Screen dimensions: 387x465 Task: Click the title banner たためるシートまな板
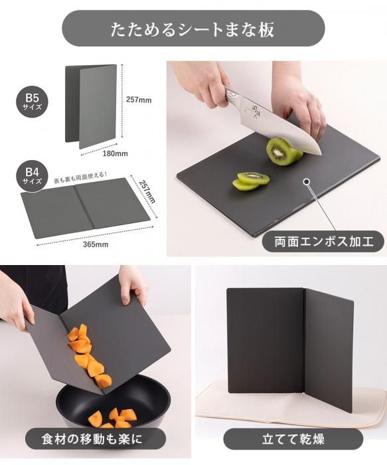pyautogui.click(x=193, y=29)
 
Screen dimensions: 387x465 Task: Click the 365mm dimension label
pyautogui.click(x=96, y=244)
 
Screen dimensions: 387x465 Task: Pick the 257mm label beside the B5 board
pyautogui.click(x=139, y=100)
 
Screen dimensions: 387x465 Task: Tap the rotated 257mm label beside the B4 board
pyautogui.click(x=147, y=191)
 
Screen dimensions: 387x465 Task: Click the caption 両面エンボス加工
pyautogui.click(x=323, y=241)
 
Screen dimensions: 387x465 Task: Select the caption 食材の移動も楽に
pyautogui.click(x=92, y=439)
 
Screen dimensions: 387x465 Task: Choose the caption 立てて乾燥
pyautogui.click(x=293, y=439)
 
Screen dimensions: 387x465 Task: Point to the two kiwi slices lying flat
pyautogui.click(x=251, y=181)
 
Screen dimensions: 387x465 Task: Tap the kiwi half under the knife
pyautogui.click(x=283, y=151)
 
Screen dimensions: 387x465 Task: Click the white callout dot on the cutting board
pyautogui.click(x=307, y=181)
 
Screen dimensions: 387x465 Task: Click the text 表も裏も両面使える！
pyautogui.click(x=80, y=177)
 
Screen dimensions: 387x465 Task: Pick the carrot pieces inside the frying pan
pyautogui.click(x=113, y=417)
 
